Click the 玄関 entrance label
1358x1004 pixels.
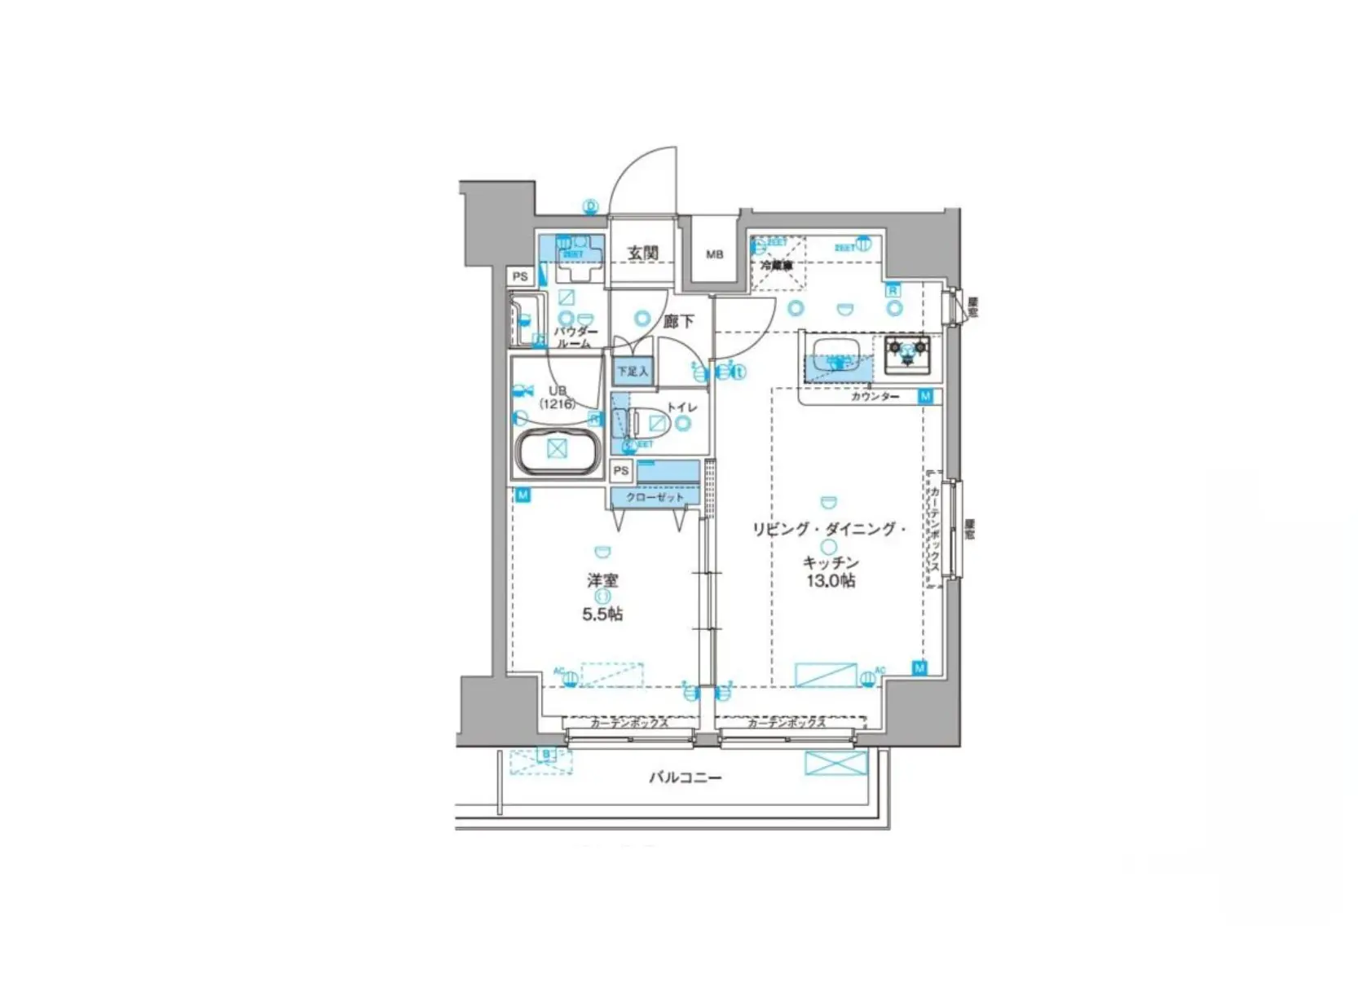coord(642,253)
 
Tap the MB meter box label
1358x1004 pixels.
coord(714,254)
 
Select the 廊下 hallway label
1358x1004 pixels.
coord(678,322)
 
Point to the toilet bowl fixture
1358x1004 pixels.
coord(652,423)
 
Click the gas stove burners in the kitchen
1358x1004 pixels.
coord(907,349)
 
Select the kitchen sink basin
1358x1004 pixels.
coord(835,354)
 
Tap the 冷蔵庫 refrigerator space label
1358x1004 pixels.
coord(775,266)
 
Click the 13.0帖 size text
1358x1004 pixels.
coord(831,581)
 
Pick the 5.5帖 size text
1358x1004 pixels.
coord(602,614)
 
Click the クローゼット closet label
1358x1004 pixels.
coord(655,497)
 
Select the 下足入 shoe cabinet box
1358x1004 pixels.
coord(633,372)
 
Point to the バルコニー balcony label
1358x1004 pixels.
coord(685,777)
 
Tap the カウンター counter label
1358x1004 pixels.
coord(875,397)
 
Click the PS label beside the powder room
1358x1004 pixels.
coord(520,276)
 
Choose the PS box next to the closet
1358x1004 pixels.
coord(621,470)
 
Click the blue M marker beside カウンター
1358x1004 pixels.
coord(925,396)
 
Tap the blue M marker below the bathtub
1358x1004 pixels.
coord(522,495)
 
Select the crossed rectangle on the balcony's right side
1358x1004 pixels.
coord(836,764)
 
